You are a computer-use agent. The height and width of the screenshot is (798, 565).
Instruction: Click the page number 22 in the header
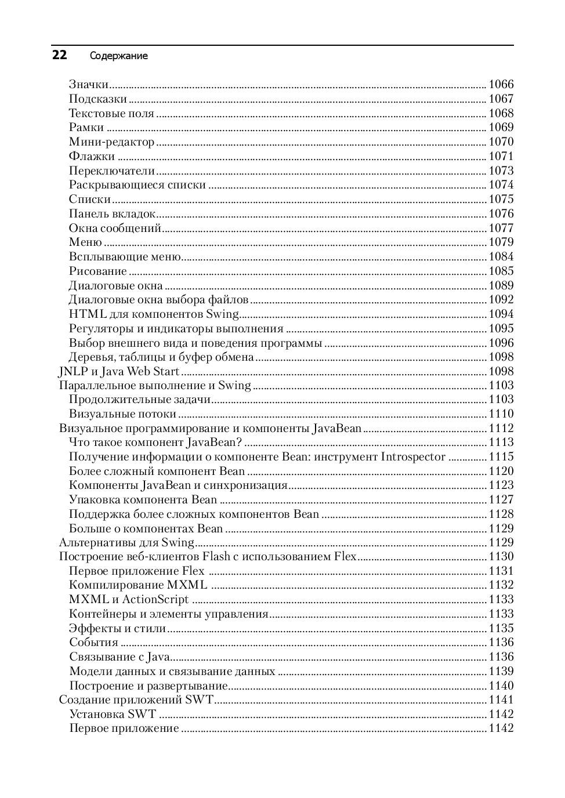59,55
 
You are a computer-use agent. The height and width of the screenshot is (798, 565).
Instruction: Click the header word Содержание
118,56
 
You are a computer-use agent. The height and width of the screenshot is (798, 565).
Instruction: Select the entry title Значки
89,84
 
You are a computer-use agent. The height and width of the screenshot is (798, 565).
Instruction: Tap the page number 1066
501,84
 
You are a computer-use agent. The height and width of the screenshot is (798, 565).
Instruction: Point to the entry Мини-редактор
111,142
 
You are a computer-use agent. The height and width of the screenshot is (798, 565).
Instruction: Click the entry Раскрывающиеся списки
137,184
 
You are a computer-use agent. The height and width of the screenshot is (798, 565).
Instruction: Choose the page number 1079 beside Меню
501,242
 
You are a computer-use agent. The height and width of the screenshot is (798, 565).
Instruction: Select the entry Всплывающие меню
125,256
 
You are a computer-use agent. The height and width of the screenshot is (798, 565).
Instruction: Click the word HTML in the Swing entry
88,314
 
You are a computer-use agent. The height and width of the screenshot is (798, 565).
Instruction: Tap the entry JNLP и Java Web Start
119,371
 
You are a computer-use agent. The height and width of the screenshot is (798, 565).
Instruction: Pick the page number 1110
501,413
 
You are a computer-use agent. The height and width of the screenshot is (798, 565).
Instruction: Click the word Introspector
413,456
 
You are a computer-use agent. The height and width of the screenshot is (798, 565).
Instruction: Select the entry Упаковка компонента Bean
143,499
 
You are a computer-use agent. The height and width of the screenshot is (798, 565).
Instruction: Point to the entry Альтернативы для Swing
126,542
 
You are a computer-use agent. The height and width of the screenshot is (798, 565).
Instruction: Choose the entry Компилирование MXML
138,585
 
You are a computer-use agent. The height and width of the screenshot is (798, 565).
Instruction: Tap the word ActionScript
155,599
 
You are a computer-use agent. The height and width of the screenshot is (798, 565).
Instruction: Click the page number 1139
501,671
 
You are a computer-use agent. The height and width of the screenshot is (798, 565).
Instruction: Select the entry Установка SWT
113,714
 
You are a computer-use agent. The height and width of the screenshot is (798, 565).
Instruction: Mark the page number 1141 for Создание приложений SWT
501,699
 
